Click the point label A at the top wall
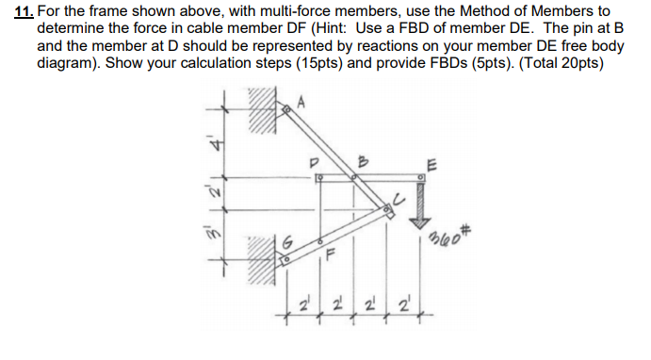tap(301, 101)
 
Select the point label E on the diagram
tap(429, 161)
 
